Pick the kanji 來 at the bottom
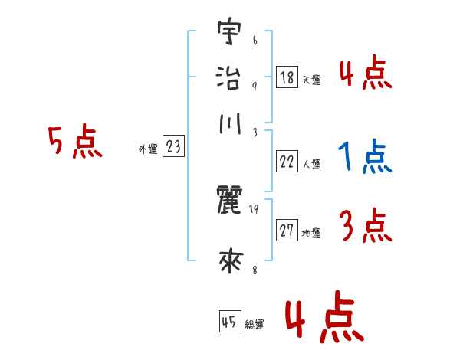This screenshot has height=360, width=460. (230, 262)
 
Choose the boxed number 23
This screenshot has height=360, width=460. (173, 147)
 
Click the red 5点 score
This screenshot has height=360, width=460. (74, 143)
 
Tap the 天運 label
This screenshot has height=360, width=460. (311, 80)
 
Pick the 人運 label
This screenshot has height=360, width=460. (311, 164)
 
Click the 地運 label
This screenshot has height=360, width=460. (311, 234)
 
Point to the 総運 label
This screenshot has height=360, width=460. (255, 324)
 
